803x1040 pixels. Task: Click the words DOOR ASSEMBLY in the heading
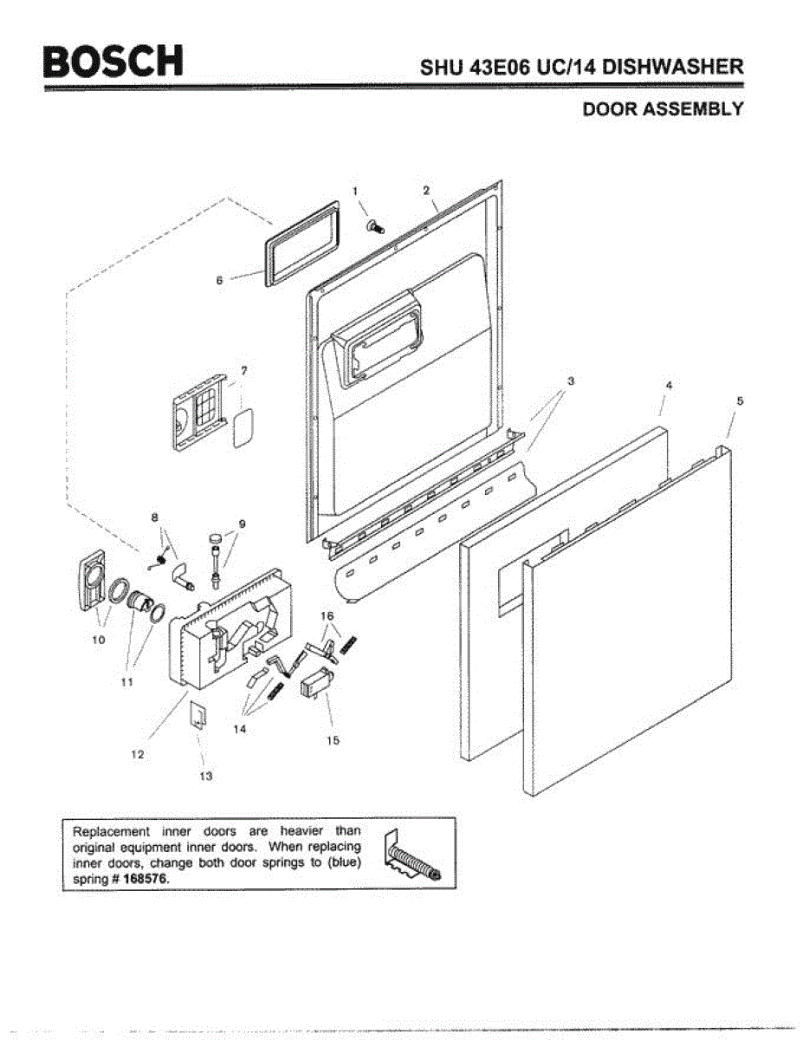coord(663,109)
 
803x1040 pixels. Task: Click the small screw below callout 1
coord(376,226)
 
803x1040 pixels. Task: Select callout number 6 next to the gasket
coord(219,280)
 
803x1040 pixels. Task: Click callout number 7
coord(244,370)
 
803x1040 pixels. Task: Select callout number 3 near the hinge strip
coord(571,380)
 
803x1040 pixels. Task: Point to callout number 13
coord(205,776)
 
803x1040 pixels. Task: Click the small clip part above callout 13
coord(198,714)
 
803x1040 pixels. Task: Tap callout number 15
coord(334,740)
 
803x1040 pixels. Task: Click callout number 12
coord(137,754)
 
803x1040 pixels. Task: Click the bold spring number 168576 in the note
coord(146,878)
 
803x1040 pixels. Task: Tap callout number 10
coord(99,640)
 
